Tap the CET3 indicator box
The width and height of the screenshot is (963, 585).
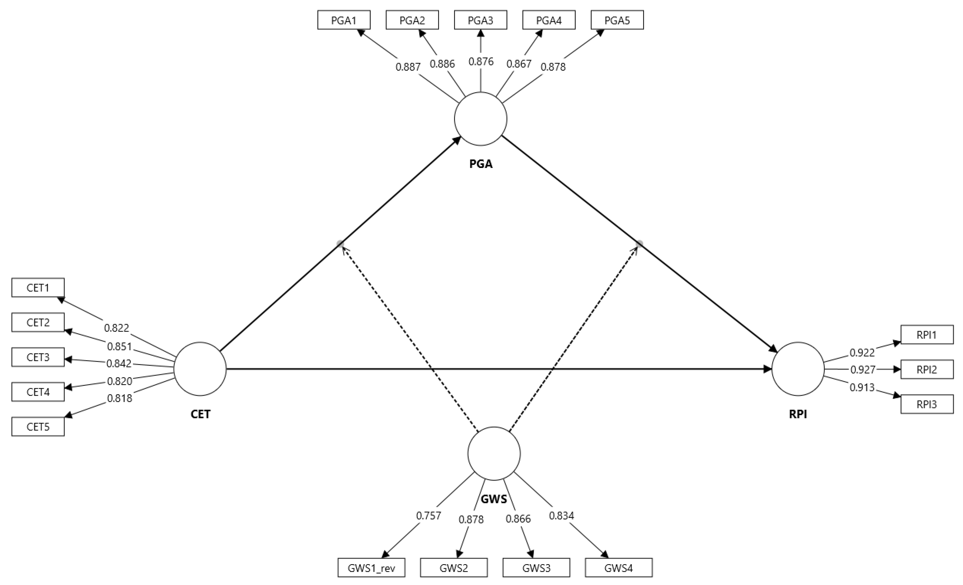[38, 357]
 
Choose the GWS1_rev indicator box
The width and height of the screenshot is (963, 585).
[371, 568]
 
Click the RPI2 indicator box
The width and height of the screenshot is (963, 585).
[927, 370]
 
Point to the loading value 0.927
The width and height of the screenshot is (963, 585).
[863, 369]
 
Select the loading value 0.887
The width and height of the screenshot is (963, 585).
[408, 67]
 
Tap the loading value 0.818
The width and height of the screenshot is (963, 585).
[120, 398]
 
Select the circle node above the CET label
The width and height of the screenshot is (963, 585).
[200, 369]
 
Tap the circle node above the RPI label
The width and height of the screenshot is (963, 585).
[798, 369]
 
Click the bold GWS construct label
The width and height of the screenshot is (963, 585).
[494, 499]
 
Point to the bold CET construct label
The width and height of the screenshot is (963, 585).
[200, 414]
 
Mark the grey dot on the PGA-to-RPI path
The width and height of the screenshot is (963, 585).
[639, 244]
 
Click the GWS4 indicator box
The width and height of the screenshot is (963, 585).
[618, 568]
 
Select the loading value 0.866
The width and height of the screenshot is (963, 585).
[518, 519]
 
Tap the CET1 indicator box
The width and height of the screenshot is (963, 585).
[38, 288]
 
